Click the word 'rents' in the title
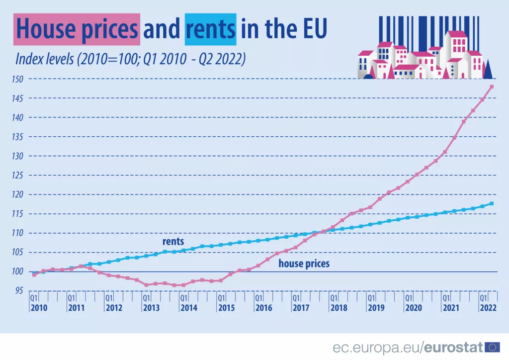[210, 29]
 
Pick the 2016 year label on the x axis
[263, 308]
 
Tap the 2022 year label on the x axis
[488, 308]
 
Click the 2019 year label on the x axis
[376, 308]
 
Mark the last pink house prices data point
[492, 87]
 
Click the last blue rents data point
[492, 203]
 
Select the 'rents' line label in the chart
[173, 242]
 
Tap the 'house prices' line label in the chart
[304, 264]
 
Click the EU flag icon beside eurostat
[492, 347]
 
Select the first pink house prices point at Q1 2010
[34, 274]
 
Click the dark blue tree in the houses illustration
[488, 70]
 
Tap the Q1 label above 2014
[183, 298]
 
